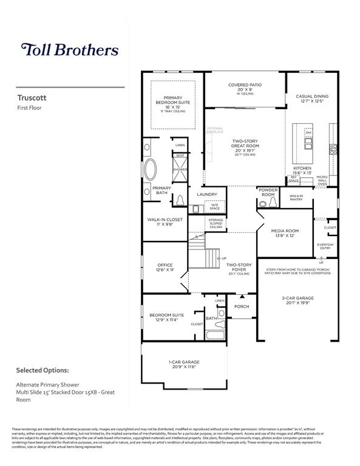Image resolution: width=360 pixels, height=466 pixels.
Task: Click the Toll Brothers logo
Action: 70,50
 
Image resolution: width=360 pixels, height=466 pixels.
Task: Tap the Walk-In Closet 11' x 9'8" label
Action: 165,222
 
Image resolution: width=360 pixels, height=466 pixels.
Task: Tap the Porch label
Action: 242,306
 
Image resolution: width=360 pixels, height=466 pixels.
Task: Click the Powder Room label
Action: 268,192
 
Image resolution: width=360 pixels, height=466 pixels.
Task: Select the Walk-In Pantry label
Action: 296,198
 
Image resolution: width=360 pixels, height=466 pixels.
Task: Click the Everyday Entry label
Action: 325,246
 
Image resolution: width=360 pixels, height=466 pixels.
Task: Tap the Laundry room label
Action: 207,194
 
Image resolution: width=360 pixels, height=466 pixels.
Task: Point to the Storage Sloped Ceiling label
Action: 216,223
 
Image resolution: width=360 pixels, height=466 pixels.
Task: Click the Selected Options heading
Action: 42,370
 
